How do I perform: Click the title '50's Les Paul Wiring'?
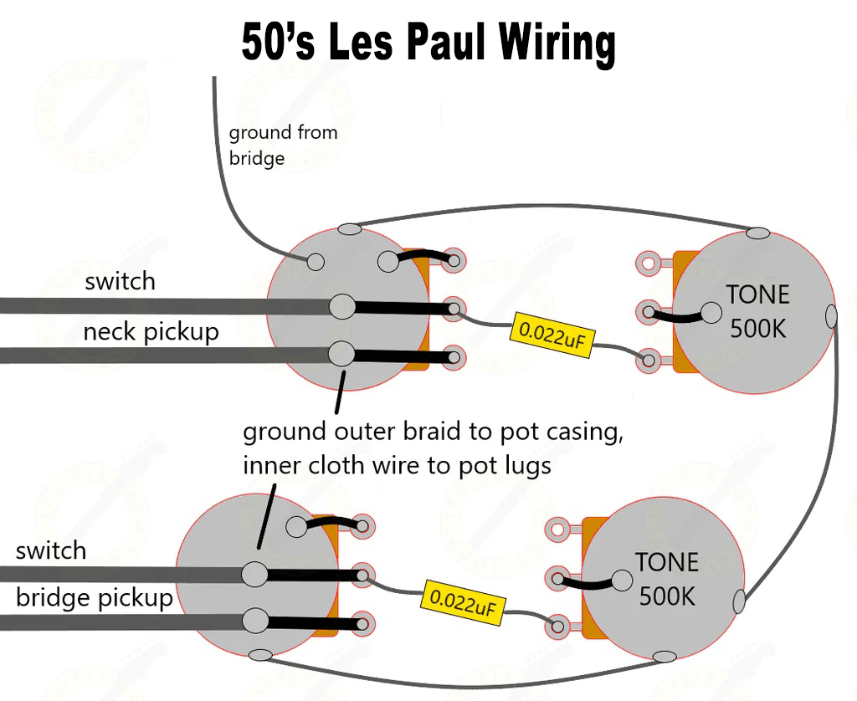pyautogui.click(x=428, y=43)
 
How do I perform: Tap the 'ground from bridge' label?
pyautogui.click(x=283, y=145)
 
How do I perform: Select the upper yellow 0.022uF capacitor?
pyautogui.click(x=546, y=332)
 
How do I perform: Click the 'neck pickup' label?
pyautogui.click(x=151, y=332)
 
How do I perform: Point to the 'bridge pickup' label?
pyautogui.click(x=94, y=598)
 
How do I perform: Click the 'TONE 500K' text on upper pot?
pyautogui.click(x=757, y=310)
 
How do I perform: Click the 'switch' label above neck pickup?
pyautogui.click(x=120, y=281)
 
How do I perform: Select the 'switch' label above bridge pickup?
pyautogui.click(x=50, y=550)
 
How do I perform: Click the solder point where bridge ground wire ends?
pyautogui.click(x=316, y=261)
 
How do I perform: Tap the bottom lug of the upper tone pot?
pyautogui.click(x=648, y=361)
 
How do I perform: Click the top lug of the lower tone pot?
pyautogui.click(x=556, y=529)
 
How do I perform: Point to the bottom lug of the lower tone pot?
pyautogui.click(x=556, y=626)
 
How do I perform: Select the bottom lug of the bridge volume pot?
pyautogui.click(x=362, y=623)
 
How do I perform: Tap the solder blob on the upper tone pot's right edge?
pyautogui.click(x=830, y=316)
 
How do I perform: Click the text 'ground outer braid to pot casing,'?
pyautogui.click(x=434, y=432)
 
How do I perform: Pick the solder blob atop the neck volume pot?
pyautogui.click(x=349, y=228)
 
